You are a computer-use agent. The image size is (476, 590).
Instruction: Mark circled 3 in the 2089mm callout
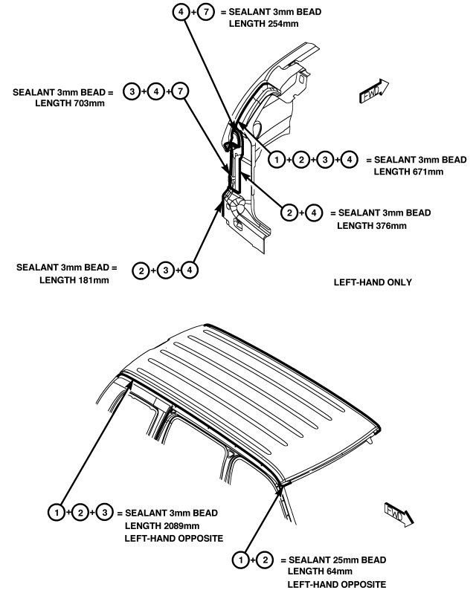106,513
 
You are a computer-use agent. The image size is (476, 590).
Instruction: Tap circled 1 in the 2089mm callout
54,513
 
